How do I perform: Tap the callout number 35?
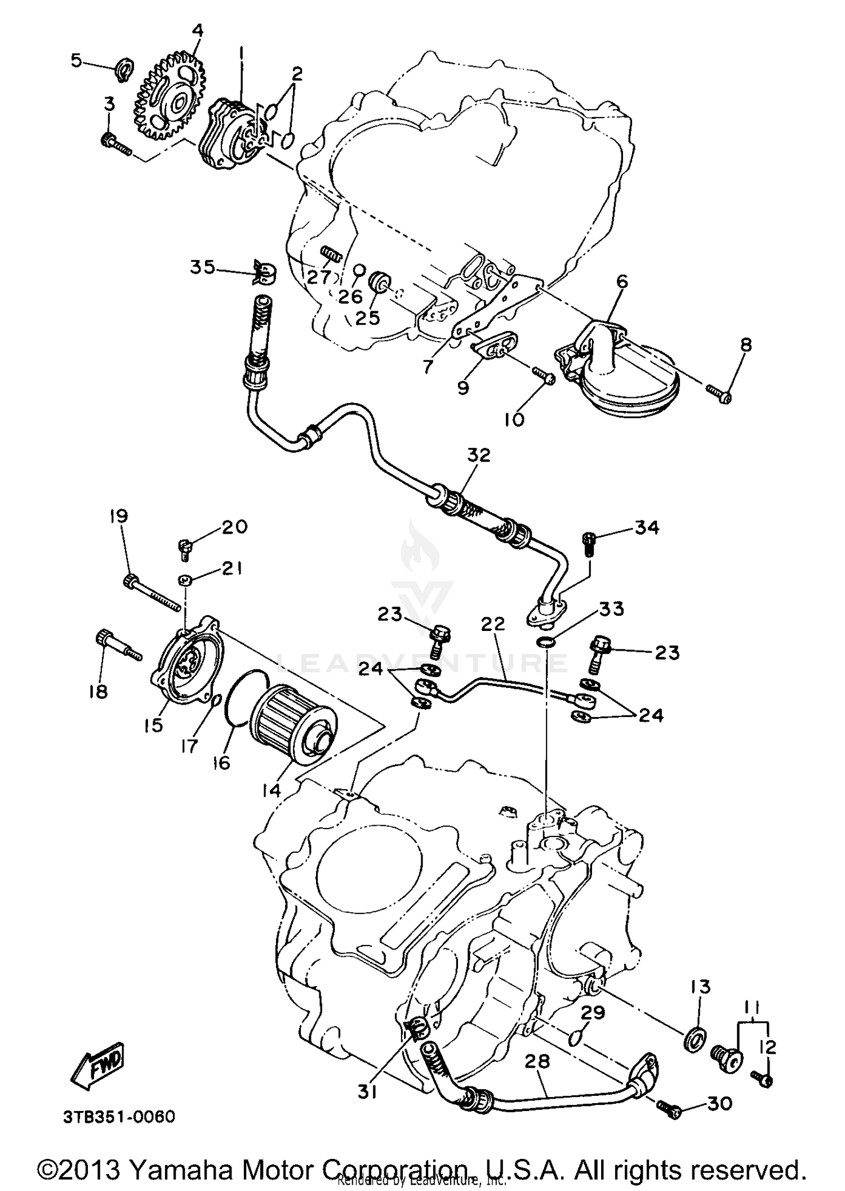(x=202, y=267)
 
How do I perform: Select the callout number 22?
(x=493, y=625)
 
